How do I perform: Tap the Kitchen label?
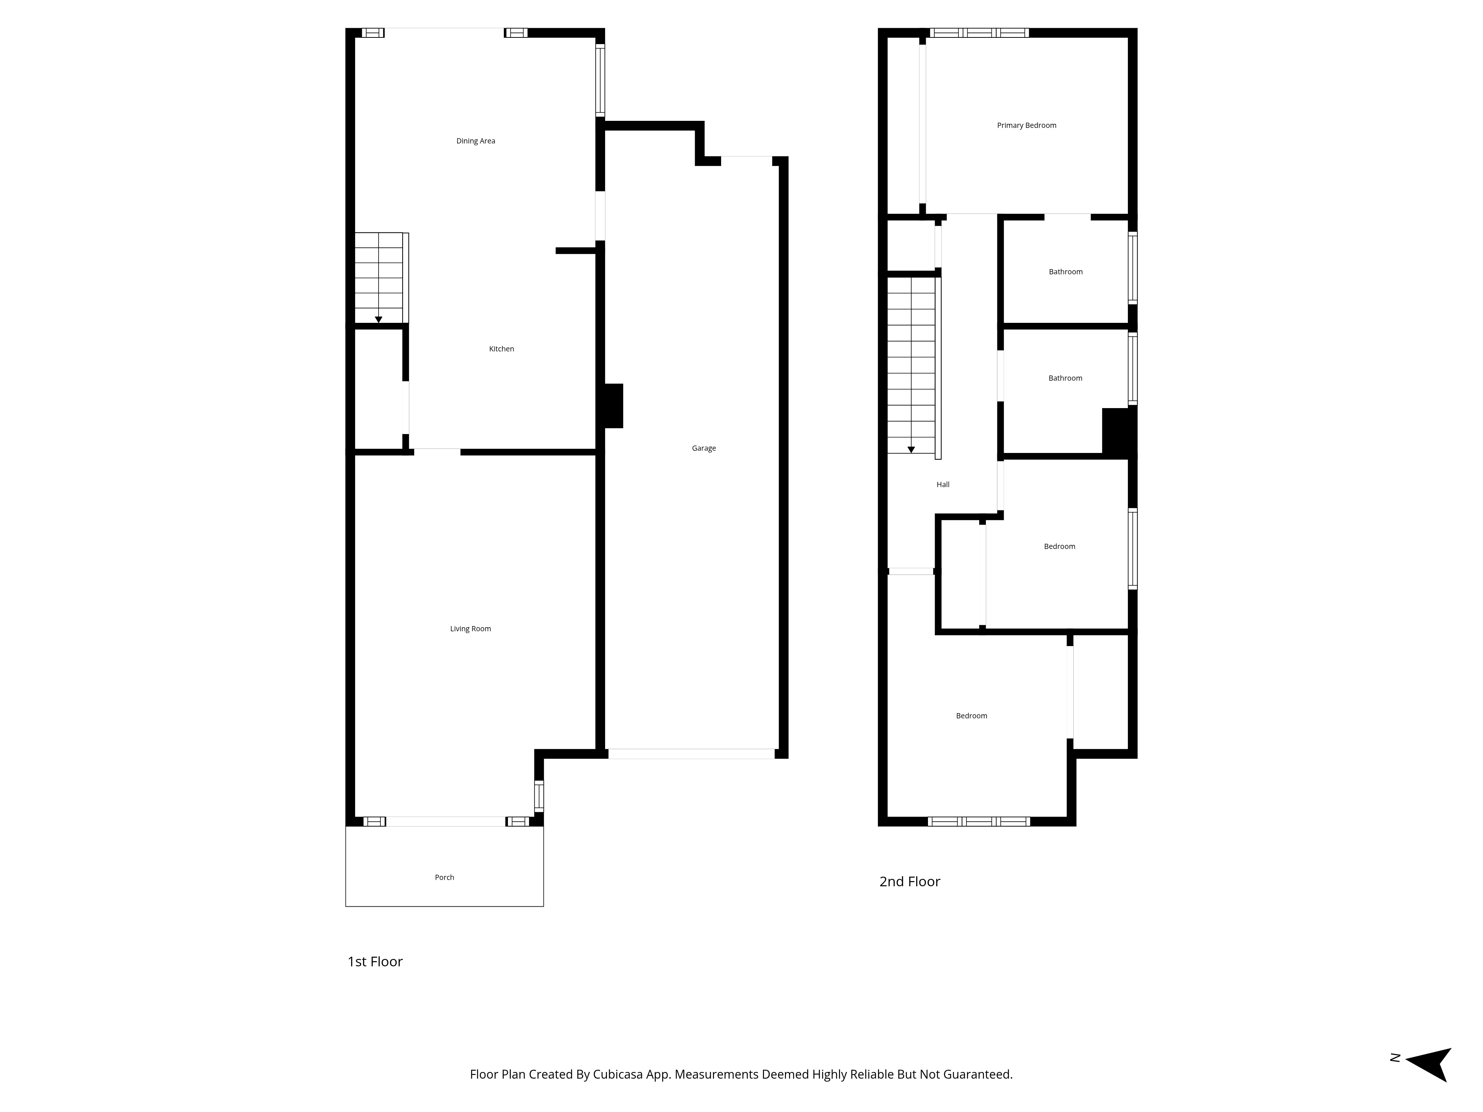tap(502, 348)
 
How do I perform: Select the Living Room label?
tap(470, 629)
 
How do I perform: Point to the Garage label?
tap(704, 449)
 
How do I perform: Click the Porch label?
tap(445, 877)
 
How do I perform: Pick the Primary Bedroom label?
tap(1027, 125)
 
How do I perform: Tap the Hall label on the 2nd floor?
tap(942, 484)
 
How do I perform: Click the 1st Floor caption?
tap(375, 962)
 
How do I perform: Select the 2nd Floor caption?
tap(910, 881)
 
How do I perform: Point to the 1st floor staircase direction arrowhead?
tap(378, 320)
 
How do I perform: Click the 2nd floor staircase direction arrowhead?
tap(911, 450)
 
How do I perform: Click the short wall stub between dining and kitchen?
tap(576, 251)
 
